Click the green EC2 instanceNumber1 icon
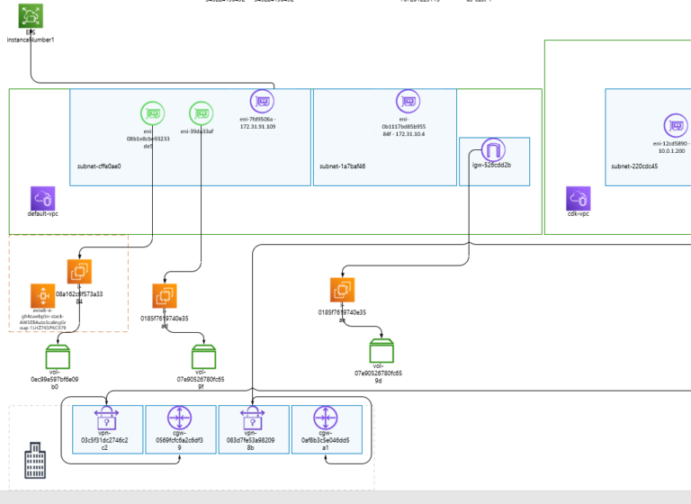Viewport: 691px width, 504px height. (x=31, y=15)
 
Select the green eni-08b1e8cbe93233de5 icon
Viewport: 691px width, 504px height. (x=153, y=113)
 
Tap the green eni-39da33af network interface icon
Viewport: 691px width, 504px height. (x=202, y=113)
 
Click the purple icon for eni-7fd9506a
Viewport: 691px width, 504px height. (x=262, y=101)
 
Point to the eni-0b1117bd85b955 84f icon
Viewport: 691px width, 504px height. (x=408, y=101)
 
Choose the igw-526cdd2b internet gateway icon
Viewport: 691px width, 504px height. (x=493, y=149)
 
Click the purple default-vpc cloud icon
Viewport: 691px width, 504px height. (x=43, y=198)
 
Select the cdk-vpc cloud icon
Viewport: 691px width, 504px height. (x=579, y=198)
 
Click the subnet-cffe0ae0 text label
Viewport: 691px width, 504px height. (x=99, y=166)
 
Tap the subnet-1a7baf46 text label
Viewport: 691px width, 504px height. (x=342, y=166)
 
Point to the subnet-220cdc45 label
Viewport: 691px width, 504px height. (x=634, y=166)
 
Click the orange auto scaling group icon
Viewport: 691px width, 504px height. (x=42, y=295)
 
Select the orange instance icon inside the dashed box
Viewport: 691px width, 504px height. (x=79, y=272)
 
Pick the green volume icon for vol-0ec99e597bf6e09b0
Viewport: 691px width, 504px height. (x=58, y=357)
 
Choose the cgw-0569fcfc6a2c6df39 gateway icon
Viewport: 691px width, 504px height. (x=179, y=418)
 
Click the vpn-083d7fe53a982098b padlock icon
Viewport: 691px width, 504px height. (x=252, y=418)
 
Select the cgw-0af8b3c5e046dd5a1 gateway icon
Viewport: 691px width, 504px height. (x=326, y=418)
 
